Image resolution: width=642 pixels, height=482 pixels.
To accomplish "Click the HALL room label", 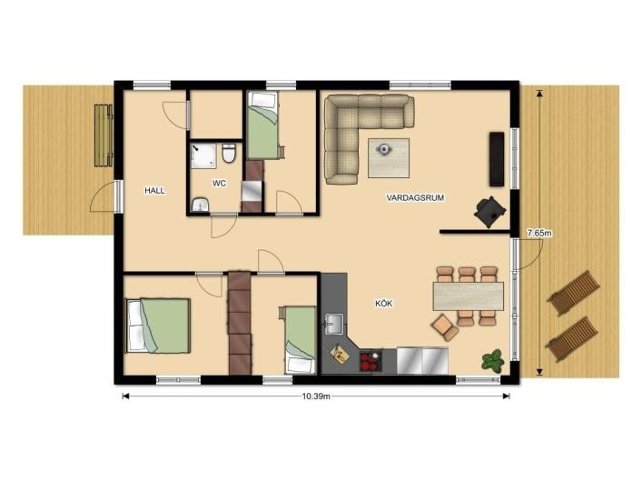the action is [x=154, y=190].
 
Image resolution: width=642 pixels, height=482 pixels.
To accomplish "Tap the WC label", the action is [x=219, y=184].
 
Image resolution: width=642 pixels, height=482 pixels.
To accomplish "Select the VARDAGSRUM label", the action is [x=415, y=197].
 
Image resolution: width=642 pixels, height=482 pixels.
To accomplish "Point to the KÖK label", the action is [x=384, y=304].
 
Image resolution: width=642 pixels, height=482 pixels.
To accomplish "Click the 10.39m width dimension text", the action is [x=316, y=397].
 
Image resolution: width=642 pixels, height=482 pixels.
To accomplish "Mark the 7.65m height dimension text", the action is [x=539, y=234].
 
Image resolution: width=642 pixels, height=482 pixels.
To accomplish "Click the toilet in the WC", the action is [x=229, y=154].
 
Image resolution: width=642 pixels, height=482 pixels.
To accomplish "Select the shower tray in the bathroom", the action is [x=203, y=156].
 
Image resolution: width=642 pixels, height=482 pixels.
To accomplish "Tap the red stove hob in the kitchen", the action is [x=370, y=362].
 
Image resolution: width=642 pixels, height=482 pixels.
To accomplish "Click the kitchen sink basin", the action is [x=334, y=325].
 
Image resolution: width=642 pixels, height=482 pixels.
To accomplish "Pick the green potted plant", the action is [x=492, y=361].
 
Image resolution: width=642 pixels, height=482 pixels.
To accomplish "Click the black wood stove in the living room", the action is [x=489, y=212].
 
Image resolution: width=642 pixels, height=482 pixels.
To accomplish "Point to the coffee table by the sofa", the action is [x=389, y=158].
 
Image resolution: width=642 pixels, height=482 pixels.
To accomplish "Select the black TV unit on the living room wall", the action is [x=497, y=159].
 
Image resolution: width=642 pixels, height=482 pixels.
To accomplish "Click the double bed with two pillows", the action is [x=158, y=326].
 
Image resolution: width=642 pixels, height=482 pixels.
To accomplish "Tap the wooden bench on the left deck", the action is [x=104, y=136].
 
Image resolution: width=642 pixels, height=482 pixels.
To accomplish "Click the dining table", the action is [x=468, y=296].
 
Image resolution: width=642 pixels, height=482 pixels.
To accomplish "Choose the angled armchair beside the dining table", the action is [x=444, y=327].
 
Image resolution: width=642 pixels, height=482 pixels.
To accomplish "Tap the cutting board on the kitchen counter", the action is [x=340, y=354].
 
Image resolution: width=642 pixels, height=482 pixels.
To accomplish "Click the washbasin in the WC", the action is [x=200, y=205].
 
